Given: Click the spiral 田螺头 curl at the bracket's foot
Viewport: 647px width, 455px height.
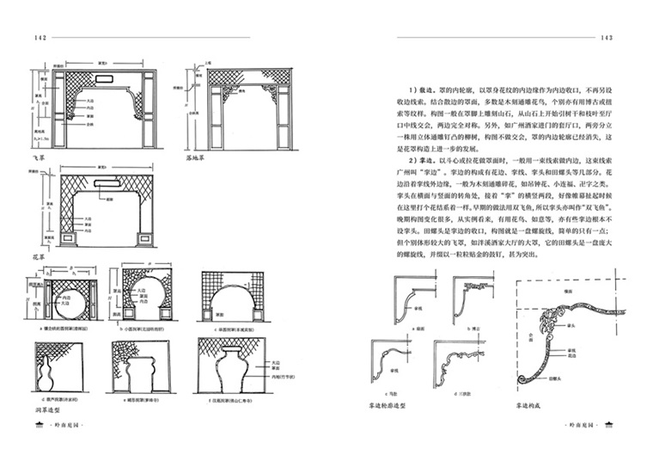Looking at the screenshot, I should pos(520,376).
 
